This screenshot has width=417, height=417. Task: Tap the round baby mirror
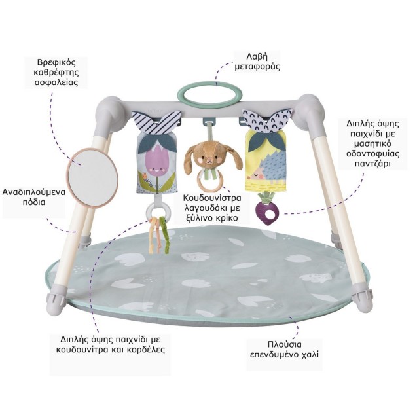[92, 177]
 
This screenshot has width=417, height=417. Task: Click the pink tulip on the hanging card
[157, 160]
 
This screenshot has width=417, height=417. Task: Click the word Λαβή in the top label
[257, 56]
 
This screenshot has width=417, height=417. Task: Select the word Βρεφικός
[56, 62]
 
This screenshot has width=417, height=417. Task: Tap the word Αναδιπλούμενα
[34, 192]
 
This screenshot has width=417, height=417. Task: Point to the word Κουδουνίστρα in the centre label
[212, 198]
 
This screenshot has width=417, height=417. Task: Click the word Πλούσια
[284, 344]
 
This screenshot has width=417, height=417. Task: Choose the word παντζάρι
[372, 163]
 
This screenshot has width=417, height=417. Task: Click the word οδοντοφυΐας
[372, 154]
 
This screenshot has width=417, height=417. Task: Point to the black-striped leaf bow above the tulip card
[156, 121]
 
